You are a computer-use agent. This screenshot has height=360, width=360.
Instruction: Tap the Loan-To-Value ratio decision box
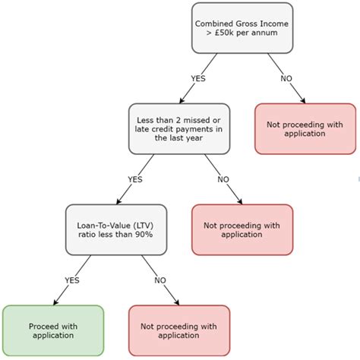coord(115,229)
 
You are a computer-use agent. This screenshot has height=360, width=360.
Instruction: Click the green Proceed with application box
coord(52,330)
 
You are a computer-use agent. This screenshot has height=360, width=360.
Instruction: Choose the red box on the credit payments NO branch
coord(242,229)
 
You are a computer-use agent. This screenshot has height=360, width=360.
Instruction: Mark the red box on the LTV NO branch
coord(179,330)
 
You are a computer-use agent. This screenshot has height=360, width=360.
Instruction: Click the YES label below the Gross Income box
coord(198,77)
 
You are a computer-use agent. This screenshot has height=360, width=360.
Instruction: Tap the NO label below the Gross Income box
coord(287,77)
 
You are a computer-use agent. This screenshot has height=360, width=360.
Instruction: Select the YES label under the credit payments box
coord(135,179)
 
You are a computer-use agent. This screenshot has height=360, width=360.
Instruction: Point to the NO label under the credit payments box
coord(223,179)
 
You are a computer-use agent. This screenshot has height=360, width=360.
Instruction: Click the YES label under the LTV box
coord(72,280)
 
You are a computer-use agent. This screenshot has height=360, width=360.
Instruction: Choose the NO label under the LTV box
coord(160,280)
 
